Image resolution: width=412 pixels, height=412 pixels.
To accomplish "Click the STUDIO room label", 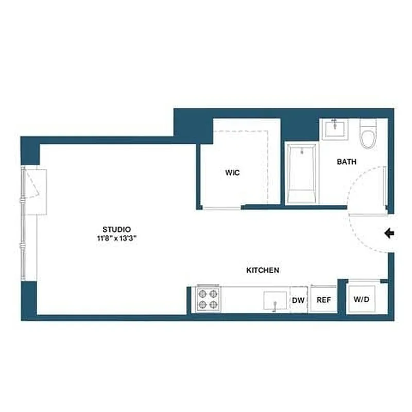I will (x=116, y=229).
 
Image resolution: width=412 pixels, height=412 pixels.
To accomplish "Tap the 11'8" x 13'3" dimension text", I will (x=116, y=238).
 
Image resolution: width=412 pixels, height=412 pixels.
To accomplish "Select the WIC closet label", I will (x=232, y=173).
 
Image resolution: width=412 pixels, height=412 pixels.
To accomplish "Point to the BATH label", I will (x=347, y=162).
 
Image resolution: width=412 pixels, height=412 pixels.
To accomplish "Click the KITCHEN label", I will (x=263, y=270).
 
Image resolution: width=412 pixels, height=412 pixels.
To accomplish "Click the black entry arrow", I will (x=389, y=234).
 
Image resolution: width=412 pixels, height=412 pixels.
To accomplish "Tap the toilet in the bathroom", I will (x=368, y=134).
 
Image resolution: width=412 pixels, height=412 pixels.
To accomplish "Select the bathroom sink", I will (x=334, y=128).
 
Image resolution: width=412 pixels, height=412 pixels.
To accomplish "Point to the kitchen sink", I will (x=275, y=300).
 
